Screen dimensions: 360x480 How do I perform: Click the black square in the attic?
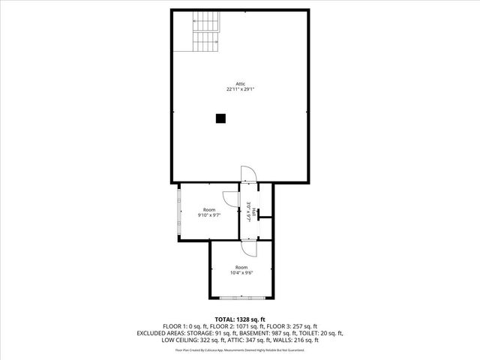pos(220,118)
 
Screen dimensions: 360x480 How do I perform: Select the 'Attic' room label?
pos(241,83)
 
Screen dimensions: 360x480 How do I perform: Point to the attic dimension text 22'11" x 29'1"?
pos(241,89)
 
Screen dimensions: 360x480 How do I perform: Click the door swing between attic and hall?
pos(249,173)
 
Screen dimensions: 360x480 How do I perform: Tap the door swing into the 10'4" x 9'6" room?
pos(249,247)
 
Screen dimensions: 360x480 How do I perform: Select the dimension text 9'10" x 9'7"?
pos(208,215)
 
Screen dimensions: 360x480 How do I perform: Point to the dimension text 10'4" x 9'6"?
pos(241,273)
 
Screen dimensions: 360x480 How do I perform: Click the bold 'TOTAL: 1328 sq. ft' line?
pos(240,319)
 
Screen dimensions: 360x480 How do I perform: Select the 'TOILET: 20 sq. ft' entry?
pos(322,333)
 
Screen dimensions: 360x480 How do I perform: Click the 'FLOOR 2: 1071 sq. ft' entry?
pos(226,326)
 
